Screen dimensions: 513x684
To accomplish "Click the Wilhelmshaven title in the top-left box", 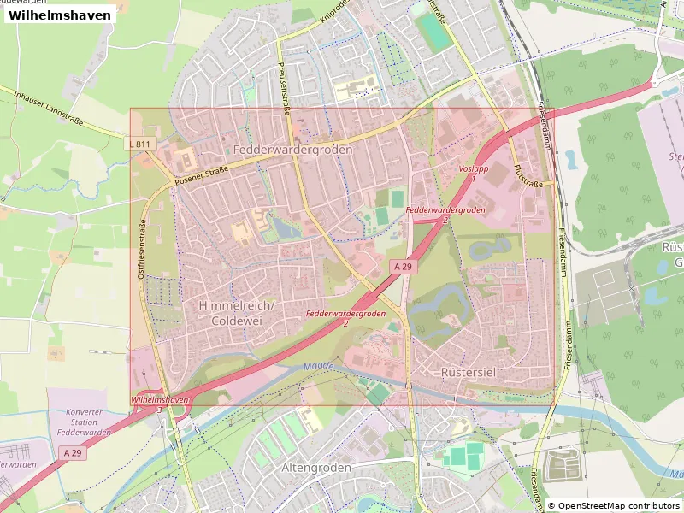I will tap(60, 15).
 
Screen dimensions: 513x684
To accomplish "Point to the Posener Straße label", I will tap(200, 175).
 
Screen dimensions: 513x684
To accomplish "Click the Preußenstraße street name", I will tap(284, 88).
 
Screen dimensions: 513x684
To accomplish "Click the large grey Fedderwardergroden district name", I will tap(292, 149).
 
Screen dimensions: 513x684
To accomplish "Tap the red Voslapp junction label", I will tap(473, 174).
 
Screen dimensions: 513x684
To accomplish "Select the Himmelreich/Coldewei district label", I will tap(236, 313).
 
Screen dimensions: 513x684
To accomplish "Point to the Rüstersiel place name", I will tap(469, 373).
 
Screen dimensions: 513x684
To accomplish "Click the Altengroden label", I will tap(317, 468).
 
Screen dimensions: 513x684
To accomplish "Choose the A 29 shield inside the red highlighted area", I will tap(404, 267).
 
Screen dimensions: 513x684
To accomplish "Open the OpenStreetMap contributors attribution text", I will tap(614, 505).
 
